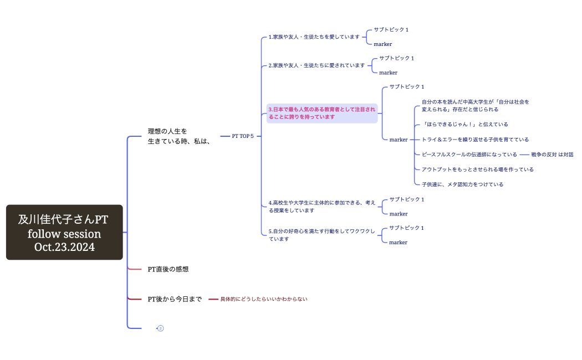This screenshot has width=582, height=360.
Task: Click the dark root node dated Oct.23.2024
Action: coord(64,233)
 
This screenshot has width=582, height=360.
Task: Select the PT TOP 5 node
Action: coord(243,136)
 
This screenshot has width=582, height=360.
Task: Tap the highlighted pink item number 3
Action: coord(321,113)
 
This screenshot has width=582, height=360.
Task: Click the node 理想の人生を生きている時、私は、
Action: coord(178,136)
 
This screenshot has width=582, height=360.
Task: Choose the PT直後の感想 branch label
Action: coord(168,269)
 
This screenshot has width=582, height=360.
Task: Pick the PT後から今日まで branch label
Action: coord(175,299)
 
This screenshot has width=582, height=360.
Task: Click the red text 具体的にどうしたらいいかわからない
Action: coord(263,299)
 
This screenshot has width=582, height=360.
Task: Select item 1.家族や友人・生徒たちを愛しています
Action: coord(314,37)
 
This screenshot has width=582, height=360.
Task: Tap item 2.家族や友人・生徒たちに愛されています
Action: coord(316,65)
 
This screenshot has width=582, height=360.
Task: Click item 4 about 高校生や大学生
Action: coord(321,207)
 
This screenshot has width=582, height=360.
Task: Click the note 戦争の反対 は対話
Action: coord(552,155)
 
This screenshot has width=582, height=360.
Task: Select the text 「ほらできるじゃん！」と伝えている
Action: coord(464,125)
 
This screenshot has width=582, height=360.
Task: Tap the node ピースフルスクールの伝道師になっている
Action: coord(469,155)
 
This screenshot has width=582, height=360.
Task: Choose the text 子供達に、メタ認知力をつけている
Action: coord(462,184)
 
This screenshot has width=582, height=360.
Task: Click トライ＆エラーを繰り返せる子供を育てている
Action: coord(475,140)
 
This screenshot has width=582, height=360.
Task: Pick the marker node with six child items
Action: coord(399,140)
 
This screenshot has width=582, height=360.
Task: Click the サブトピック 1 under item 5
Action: coord(406,228)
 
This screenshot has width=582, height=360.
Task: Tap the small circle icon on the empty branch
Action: coord(161,328)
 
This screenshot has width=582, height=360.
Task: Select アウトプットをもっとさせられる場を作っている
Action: coord(477,169)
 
